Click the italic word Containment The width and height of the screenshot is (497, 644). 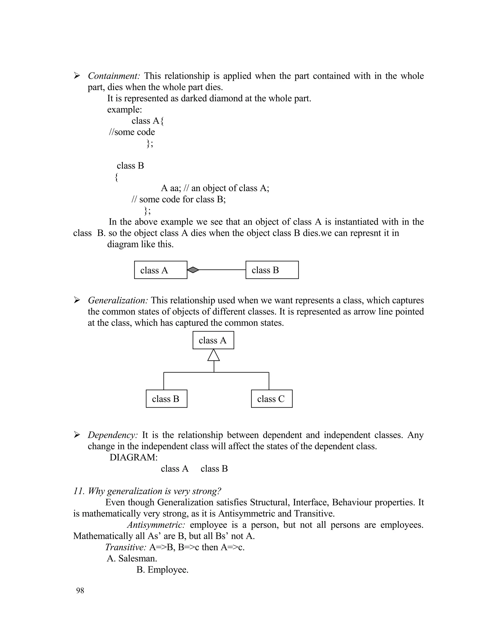(x=114, y=76)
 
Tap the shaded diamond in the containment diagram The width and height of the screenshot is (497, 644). (x=193, y=270)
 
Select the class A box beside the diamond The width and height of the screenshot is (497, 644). (x=160, y=270)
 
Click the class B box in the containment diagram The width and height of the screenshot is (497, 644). (x=272, y=270)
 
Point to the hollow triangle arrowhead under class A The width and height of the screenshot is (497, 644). (x=214, y=355)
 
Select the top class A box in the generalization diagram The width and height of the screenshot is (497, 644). (x=213, y=340)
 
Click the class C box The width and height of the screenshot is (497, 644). (x=272, y=399)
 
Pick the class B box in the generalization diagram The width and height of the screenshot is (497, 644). (x=166, y=399)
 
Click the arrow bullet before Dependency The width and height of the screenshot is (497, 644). (x=77, y=435)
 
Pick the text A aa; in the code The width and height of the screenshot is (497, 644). (x=171, y=188)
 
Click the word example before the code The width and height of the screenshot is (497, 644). (x=124, y=110)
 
